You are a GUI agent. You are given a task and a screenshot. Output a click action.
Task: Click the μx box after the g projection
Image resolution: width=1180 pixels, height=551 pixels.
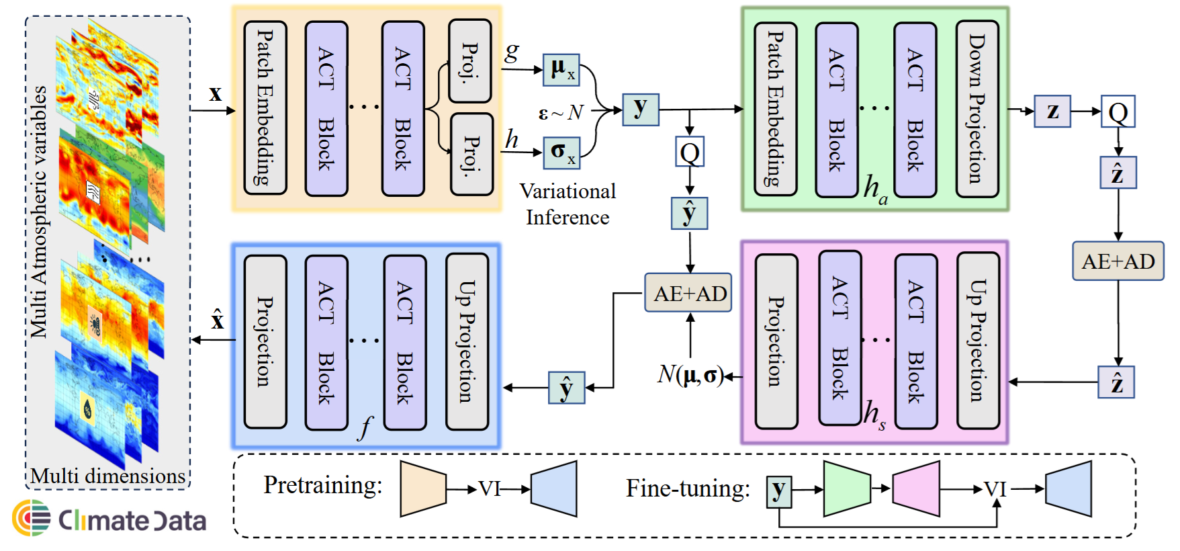561,70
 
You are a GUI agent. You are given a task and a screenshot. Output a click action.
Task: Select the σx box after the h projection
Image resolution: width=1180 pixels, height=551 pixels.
561,153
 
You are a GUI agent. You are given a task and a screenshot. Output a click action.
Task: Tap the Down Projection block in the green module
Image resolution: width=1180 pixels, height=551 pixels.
977,109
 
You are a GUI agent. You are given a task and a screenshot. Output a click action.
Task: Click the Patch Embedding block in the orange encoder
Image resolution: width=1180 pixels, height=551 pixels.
265,108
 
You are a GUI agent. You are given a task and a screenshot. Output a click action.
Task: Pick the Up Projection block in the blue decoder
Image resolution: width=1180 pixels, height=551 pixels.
467,341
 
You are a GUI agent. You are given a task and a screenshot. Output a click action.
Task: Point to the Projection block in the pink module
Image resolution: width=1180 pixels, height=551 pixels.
776,341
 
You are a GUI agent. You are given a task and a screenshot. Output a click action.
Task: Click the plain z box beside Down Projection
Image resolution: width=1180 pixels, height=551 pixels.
1052,111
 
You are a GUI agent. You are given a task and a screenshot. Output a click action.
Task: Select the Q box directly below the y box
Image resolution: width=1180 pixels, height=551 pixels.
690,153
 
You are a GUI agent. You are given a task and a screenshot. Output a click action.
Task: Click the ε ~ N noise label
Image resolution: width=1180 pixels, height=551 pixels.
561,113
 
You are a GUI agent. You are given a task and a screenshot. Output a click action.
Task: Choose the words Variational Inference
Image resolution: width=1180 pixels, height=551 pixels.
568,204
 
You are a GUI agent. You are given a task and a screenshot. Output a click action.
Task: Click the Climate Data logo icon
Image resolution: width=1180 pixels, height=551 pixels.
31,518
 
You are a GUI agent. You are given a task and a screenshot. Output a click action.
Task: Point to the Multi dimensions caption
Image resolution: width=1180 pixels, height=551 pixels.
107,476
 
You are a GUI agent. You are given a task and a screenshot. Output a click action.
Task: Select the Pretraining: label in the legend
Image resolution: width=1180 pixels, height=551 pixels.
322,484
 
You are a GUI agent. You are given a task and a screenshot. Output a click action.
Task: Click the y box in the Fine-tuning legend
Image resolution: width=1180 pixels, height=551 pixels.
779,491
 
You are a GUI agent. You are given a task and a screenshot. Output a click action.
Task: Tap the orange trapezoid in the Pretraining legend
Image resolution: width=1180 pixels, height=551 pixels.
423,489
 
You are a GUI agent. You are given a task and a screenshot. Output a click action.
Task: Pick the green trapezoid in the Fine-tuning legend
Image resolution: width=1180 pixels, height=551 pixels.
846,489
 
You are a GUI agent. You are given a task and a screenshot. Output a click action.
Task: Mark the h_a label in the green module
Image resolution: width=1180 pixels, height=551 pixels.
875,189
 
